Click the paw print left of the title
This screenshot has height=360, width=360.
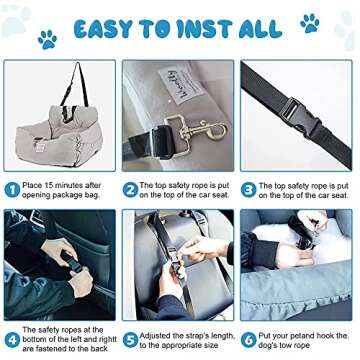pos(47,39)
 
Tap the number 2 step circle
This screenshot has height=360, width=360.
pos(130,186)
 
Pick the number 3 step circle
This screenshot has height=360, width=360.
pos(249,186)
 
